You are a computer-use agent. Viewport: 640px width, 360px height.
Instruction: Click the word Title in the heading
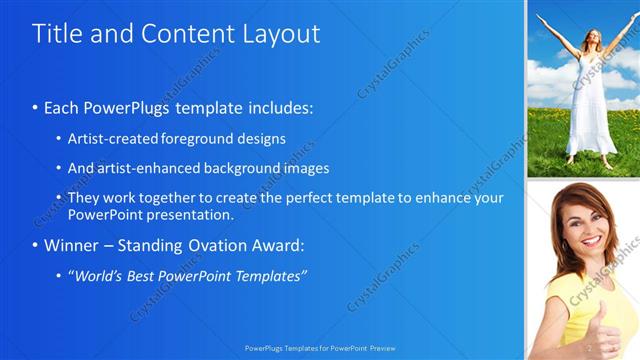[x=55, y=33]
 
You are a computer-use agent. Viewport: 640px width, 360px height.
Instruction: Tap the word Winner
[x=71, y=245]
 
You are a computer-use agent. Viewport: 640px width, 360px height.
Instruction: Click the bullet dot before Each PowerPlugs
[x=35, y=107]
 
